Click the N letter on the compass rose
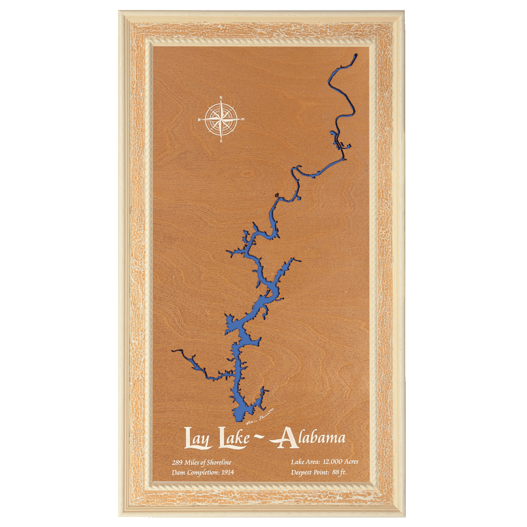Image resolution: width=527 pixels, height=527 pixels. [221, 97]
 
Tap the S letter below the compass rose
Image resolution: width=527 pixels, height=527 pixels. [221, 141]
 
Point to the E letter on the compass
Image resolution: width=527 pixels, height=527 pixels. [243, 120]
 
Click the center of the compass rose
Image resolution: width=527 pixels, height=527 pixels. [221, 120]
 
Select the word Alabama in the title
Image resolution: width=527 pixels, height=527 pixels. [311, 438]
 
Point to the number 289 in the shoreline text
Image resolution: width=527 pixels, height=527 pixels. [178, 462]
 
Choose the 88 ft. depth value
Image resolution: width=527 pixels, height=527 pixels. [339, 472]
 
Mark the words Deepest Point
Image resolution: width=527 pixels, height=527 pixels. [310, 472]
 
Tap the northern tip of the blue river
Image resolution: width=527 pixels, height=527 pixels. [356, 55]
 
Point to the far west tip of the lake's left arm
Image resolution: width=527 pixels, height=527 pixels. [173, 350]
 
